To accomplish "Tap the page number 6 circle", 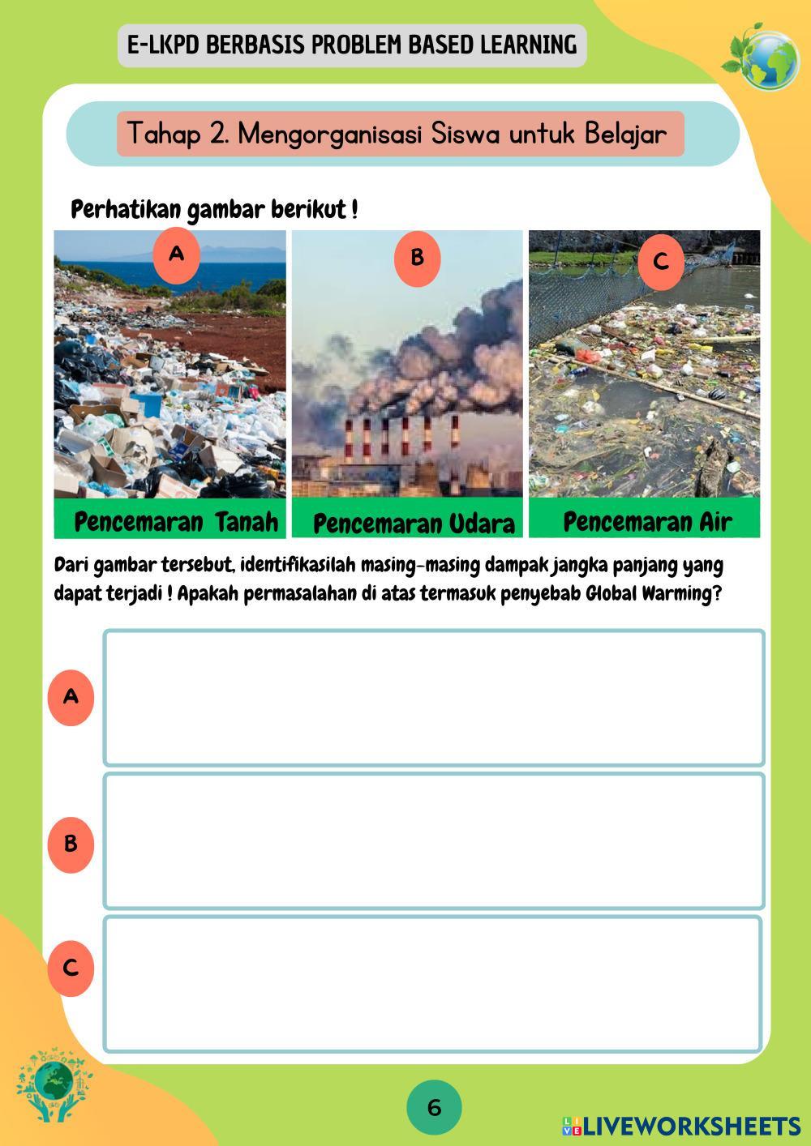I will click(x=434, y=1107).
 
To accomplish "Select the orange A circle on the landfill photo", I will click(x=176, y=254).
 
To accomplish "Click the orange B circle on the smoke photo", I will click(x=417, y=258).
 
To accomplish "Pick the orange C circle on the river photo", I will click(x=660, y=262).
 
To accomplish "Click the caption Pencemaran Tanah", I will click(x=176, y=522).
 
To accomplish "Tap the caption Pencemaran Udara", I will click(x=414, y=524).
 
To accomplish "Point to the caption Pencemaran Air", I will click(x=647, y=521).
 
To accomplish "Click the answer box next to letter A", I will click(x=434, y=698).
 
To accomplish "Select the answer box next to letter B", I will click(x=434, y=840).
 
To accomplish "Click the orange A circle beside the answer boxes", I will click(x=71, y=696).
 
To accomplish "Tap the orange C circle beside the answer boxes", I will click(x=71, y=968).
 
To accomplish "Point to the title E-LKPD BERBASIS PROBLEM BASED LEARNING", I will click(x=352, y=45).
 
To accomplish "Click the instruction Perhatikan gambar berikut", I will click(x=215, y=210).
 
